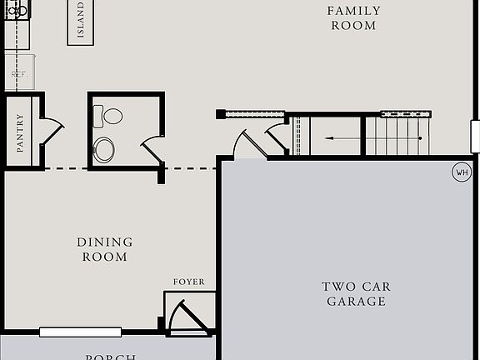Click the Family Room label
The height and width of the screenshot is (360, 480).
pyautogui.click(x=353, y=17)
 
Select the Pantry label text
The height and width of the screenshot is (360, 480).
pyautogui.click(x=20, y=132)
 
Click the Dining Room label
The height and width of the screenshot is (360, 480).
pyautogui.click(x=105, y=249)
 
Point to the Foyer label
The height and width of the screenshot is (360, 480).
pyautogui.click(x=188, y=282)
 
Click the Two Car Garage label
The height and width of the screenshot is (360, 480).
pyautogui.click(x=356, y=293)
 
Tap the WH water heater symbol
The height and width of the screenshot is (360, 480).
pyautogui.click(x=461, y=172)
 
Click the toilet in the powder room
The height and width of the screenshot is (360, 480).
pyautogui.click(x=108, y=116)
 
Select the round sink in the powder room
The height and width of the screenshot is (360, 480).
pyautogui.click(x=104, y=150)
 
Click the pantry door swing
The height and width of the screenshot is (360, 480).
pyautogui.click(x=52, y=132)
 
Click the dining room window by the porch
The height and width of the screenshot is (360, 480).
pyautogui.click(x=80, y=332)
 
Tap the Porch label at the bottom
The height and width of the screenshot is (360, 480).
pyautogui.click(x=111, y=356)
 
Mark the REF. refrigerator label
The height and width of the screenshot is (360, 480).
pyautogui.click(x=18, y=74)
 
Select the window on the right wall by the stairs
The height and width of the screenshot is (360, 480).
pyautogui.click(x=475, y=136)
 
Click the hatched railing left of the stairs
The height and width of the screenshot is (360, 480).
pyautogui.click(x=255, y=114)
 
